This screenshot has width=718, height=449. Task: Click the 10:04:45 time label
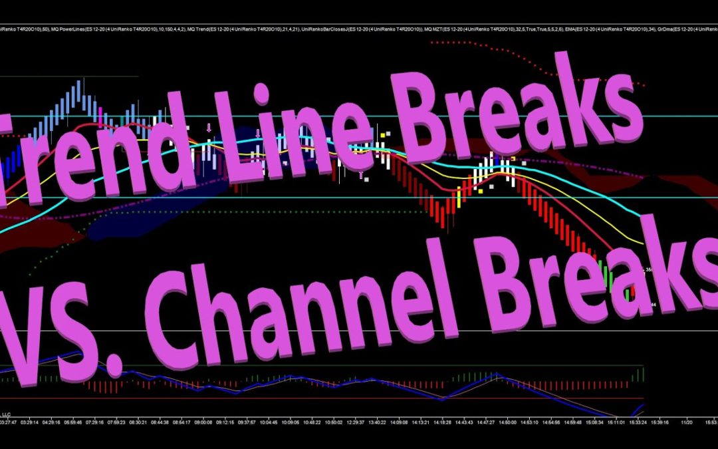268,422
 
